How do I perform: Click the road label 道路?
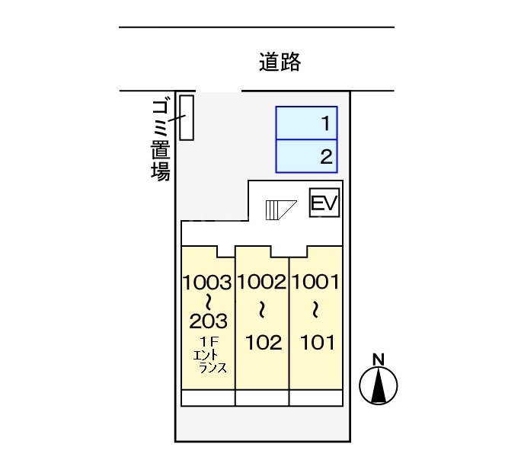[280, 62]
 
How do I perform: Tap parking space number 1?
[306, 123]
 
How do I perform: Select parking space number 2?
[306, 157]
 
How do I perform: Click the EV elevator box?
[324, 203]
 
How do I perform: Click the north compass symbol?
[379, 385]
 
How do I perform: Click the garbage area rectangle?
[187, 117]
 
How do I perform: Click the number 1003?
[206, 283]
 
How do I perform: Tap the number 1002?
[261, 283]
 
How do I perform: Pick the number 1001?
[315, 283]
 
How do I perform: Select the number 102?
[264, 342]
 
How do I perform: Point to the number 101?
[316, 342]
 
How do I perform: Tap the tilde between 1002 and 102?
[261, 310]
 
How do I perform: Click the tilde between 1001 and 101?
[315, 310]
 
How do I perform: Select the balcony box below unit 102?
[261, 398]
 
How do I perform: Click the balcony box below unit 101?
[315, 398]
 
